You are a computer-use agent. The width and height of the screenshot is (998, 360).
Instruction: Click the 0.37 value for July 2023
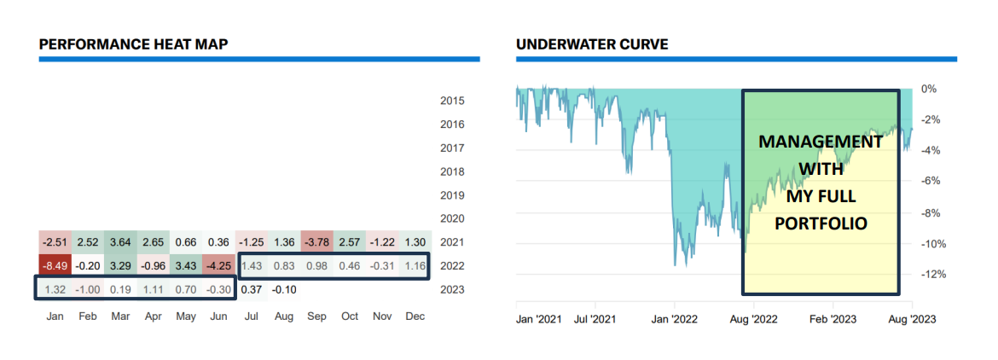click(251, 288)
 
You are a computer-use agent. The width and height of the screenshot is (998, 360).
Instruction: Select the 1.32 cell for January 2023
click(55, 288)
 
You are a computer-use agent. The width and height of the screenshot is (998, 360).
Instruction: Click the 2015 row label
click(452, 101)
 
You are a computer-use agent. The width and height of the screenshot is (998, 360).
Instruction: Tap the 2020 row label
click(452, 218)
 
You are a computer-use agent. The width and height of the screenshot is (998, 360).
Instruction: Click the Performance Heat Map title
click(133, 44)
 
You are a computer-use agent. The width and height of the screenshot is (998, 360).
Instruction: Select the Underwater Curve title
click(592, 44)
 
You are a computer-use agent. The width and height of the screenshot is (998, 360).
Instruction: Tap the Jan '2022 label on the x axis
click(675, 319)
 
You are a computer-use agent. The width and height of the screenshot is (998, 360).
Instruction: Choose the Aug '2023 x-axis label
click(913, 319)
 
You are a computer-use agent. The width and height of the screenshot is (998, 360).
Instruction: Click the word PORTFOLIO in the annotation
click(821, 224)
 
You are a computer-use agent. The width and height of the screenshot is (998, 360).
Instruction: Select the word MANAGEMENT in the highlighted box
click(821, 141)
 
